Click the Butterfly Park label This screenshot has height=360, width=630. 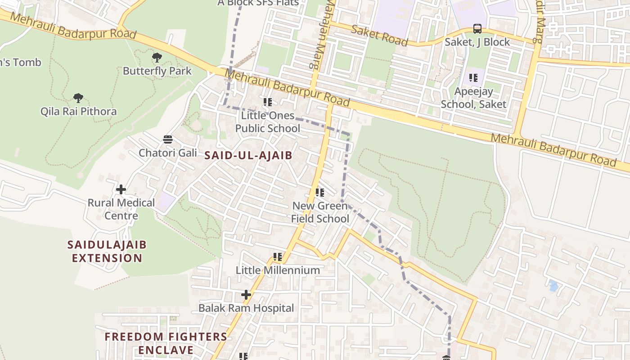coord(157,71)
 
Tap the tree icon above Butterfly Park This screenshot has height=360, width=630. coord(157,58)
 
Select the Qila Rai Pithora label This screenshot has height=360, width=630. coord(78,111)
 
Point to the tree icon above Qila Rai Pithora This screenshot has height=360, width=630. coord(78,98)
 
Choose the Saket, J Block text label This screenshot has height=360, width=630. coord(477,42)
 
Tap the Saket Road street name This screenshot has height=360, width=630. coord(379,36)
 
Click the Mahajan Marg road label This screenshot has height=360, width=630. coord(318,34)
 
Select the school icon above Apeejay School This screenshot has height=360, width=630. coord(473,78)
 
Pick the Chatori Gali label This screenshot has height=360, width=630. coord(168,153)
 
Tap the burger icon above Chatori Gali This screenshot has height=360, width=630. coord(168,139)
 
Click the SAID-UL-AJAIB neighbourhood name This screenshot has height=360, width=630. coord(248,156)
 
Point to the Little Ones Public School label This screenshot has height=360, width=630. coord(268,122)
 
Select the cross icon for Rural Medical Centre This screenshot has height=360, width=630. coord(121,189)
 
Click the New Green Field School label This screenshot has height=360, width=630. coord(320,212)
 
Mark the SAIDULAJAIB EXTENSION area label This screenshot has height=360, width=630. coord(107,252)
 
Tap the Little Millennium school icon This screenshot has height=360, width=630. coord(278,257)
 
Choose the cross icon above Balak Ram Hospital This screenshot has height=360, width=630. coord(246,295)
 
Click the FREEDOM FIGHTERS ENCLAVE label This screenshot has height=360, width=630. coord(166,343)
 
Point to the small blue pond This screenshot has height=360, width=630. coord(553,286)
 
